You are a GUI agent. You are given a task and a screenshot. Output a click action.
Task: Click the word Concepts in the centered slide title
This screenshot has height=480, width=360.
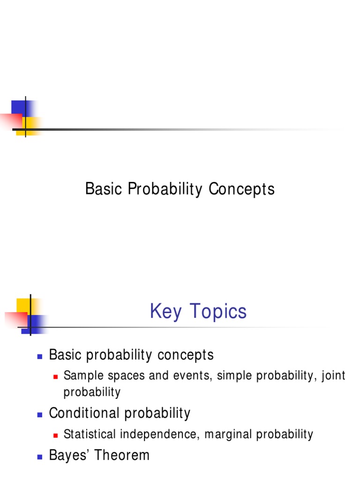(x=241, y=189)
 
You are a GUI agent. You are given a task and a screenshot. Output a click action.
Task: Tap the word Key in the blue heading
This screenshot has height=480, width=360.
(x=165, y=311)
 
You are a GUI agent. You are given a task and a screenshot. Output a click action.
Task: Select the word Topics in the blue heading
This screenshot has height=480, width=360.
(x=218, y=311)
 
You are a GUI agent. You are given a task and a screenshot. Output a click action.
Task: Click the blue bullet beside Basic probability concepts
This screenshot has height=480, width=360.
(x=40, y=356)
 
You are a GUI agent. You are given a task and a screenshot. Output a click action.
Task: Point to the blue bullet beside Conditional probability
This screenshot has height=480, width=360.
(x=40, y=415)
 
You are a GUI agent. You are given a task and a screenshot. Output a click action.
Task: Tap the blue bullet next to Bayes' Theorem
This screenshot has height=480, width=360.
(x=40, y=457)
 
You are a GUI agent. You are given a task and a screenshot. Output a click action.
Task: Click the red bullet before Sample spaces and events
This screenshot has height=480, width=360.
(x=55, y=377)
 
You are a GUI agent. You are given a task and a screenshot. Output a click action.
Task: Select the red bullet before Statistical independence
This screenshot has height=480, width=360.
(x=55, y=435)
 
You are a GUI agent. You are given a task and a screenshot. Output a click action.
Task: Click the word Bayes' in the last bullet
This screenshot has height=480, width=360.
(x=69, y=455)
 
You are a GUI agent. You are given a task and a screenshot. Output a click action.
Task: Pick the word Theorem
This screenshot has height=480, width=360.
(x=122, y=455)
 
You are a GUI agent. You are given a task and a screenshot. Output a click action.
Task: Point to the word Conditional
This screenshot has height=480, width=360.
(x=84, y=413)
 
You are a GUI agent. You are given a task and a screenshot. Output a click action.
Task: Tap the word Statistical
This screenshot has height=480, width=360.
(x=90, y=434)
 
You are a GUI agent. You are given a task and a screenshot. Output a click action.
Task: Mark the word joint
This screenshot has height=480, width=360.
(x=333, y=376)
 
